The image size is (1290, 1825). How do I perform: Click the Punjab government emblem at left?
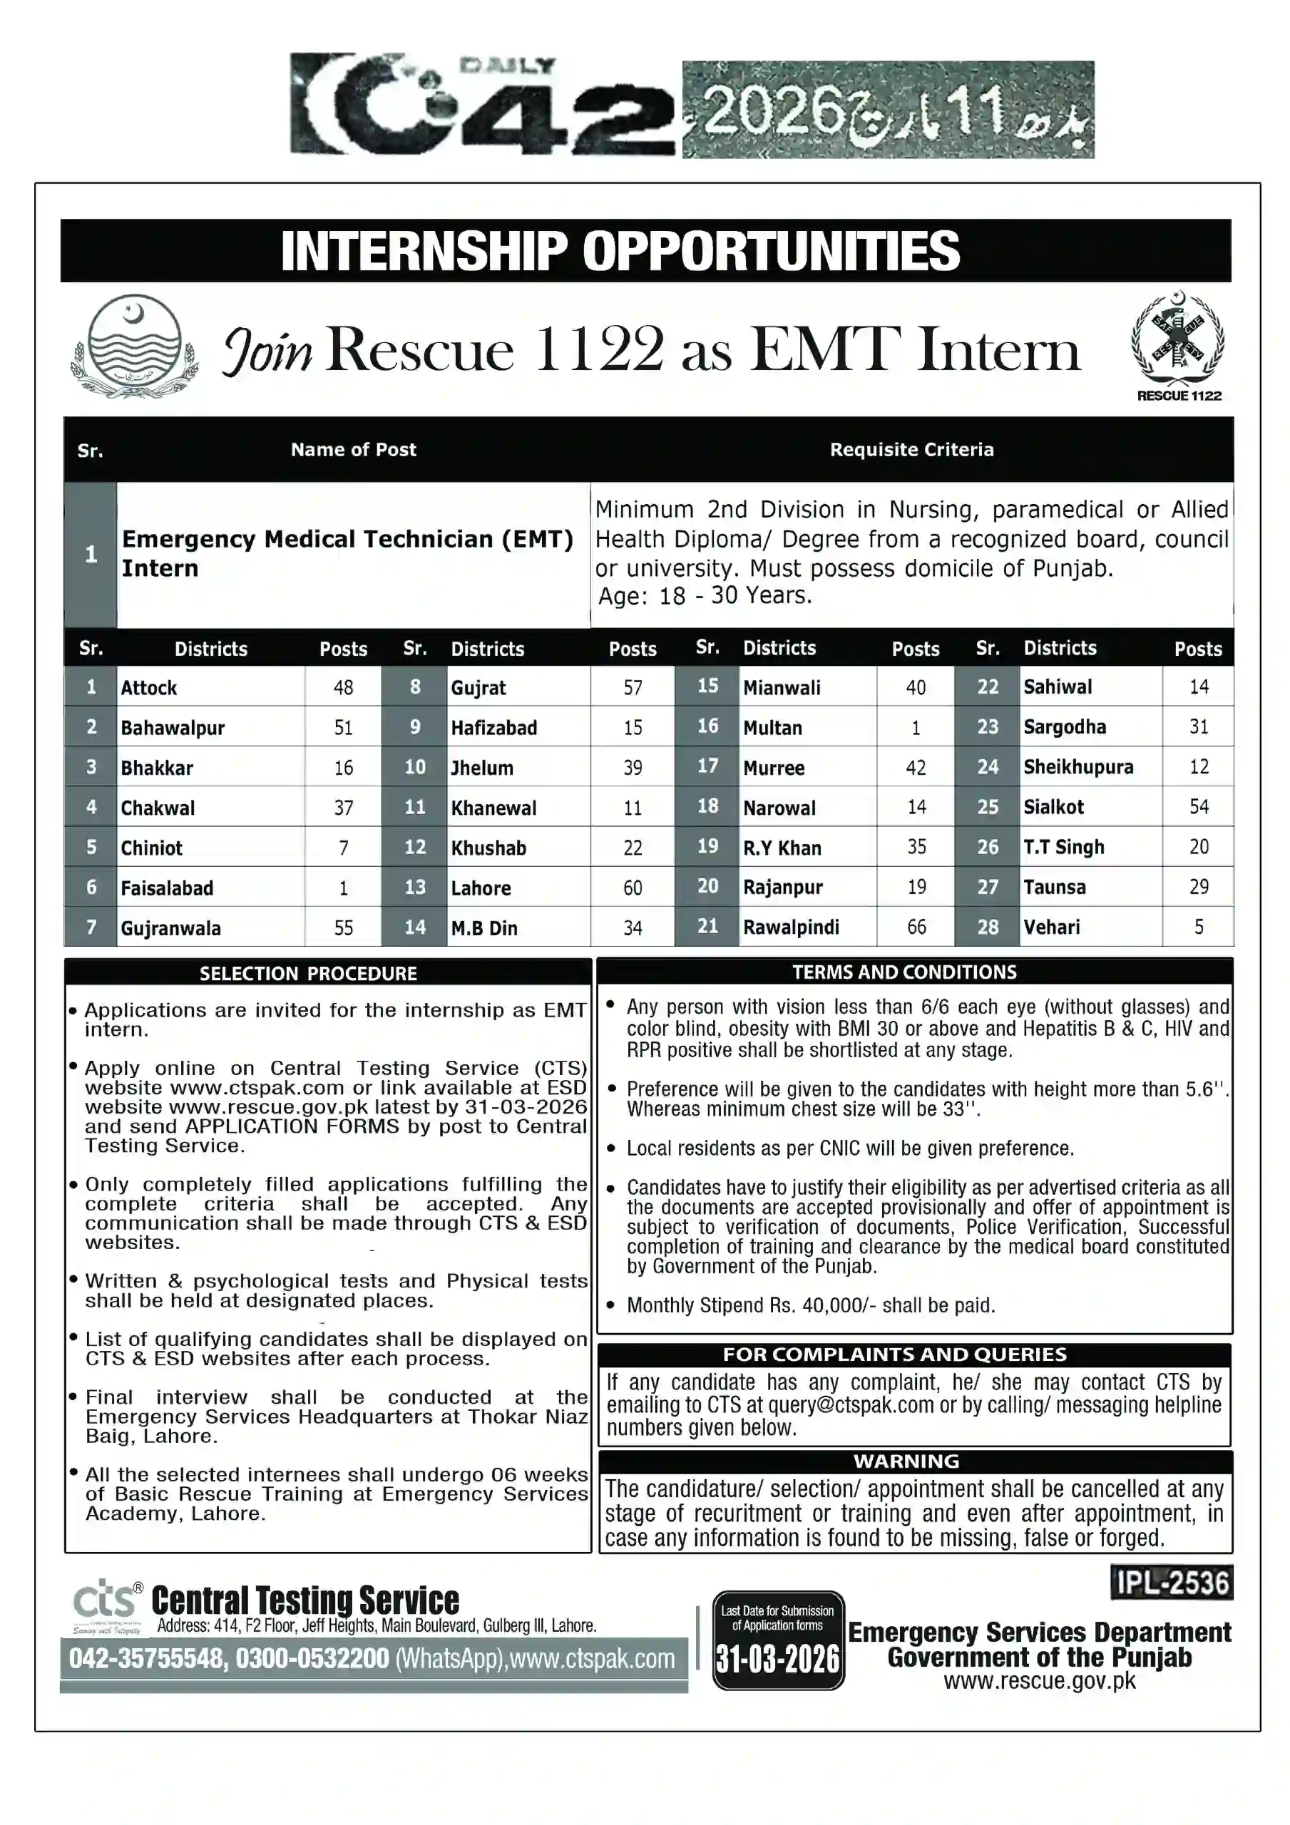[133, 347]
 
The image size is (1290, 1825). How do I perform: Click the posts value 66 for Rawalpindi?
[916, 927]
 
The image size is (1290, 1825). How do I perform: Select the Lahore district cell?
[481, 888]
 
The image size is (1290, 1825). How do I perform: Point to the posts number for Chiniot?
[343, 848]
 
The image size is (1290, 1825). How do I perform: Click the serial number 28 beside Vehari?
[987, 927]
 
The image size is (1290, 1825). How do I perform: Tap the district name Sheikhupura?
[1077, 767]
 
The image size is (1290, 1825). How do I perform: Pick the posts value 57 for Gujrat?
[633, 687]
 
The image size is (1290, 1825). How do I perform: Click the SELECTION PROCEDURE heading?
[308, 973]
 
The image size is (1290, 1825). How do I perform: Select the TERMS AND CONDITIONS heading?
[904, 972]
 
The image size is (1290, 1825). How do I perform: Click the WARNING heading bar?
[906, 1461]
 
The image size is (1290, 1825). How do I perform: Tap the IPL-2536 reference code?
[1172, 1583]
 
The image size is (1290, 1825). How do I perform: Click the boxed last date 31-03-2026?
[777, 1659]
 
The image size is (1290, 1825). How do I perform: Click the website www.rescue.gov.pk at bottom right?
[1039, 1681]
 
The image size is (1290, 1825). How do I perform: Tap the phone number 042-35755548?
[146, 1659]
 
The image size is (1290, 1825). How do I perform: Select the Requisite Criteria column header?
[911, 450]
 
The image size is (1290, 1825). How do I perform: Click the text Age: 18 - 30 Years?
[704, 595]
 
